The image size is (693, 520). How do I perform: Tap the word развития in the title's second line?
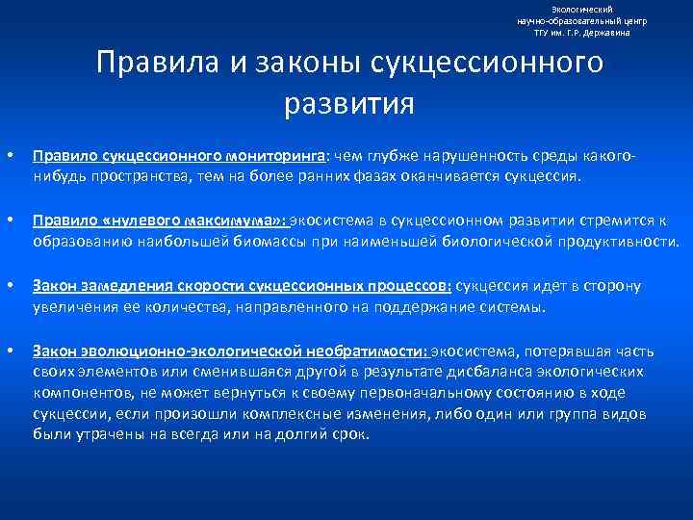coord(349,102)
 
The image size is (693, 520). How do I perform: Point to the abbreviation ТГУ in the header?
coord(544,33)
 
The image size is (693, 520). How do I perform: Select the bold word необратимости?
coord(367,351)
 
